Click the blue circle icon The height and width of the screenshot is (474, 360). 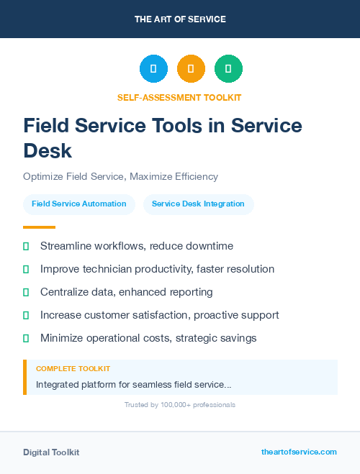(153, 68)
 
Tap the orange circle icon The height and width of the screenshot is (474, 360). (191, 68)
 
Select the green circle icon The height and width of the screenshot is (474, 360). (228, 68)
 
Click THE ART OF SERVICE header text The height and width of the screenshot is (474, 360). (180, 19)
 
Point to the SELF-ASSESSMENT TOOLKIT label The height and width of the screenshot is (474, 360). (179, 97)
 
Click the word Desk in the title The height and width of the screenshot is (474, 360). (48, 150)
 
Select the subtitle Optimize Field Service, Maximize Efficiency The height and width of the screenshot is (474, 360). (120, 176)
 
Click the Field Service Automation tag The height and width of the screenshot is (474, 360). (79, 204)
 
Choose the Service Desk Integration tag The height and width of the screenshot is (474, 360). (198, 204)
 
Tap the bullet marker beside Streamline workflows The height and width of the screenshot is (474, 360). (26, 246)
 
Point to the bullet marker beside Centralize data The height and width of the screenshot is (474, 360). (26, 292)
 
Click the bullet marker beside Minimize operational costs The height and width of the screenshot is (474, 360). (26, 338)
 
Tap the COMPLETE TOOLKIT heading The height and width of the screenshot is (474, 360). (73, 369)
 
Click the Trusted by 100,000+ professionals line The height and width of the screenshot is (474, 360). (179, 405)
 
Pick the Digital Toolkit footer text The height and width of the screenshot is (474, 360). (51, 452)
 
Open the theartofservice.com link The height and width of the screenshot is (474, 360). (299, 452)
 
